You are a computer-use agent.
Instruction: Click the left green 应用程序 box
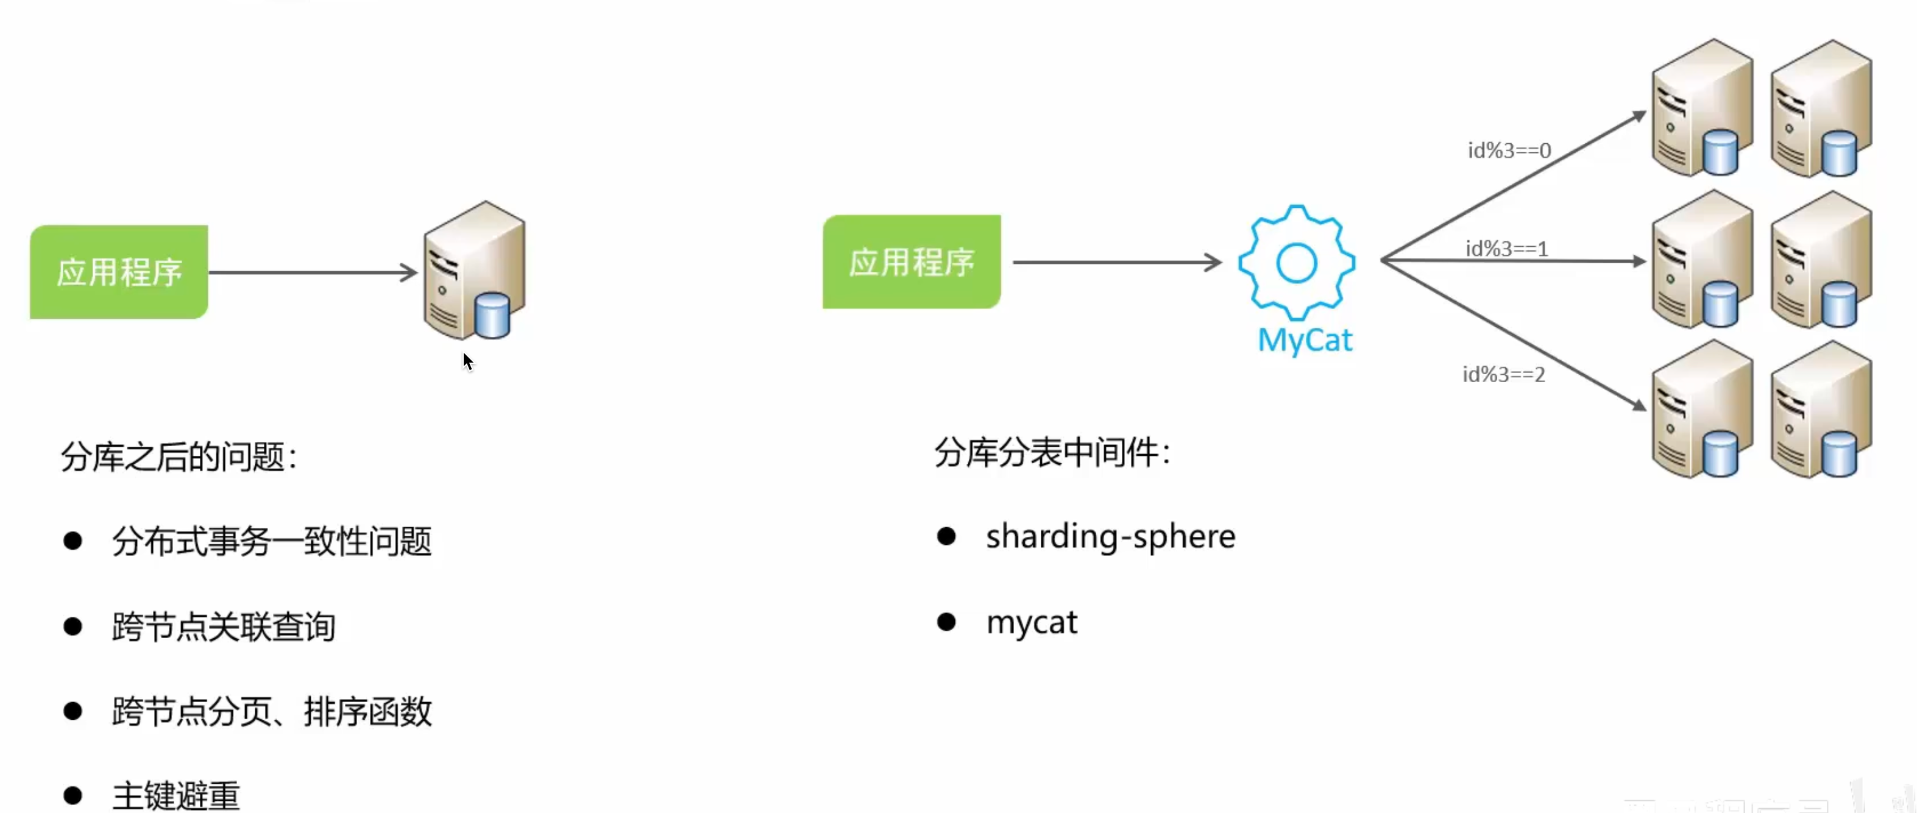pos(119,272)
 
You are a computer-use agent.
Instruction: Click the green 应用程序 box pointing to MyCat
pos(912,262)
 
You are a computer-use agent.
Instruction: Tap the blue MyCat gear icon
pos(1296,262)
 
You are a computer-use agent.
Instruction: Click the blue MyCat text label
pos(1305,340)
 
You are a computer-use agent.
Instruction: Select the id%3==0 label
pos(1509,151)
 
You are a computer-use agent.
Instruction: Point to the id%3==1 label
pos(1507,248)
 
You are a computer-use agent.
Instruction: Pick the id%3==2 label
pos(1504,374)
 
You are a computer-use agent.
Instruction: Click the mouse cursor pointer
pos(467,362)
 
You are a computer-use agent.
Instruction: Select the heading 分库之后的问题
pos(179,456)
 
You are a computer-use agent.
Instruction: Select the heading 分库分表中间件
pos(1052,453)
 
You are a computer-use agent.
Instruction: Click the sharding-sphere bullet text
pos(1110,537)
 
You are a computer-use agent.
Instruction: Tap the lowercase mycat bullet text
pos(1032,622)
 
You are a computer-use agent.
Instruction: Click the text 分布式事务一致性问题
pos(272,541)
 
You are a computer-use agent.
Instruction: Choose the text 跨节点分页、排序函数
pos(272,712)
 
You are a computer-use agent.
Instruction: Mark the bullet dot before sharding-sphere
pos(946,536)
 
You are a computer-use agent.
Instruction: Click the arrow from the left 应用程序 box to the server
pos(313,272)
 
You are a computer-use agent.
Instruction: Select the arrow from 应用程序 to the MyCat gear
pos(1116,262)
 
